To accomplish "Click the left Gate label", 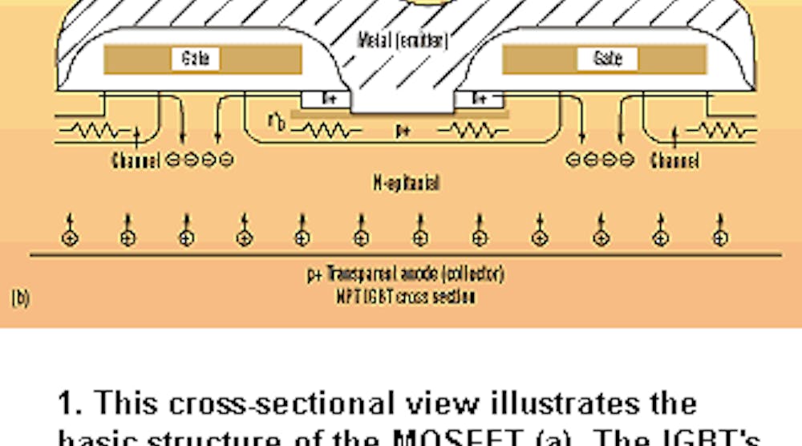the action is (195, 59).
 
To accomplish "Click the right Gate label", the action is (608, 59).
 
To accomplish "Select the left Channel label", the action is (136, 160).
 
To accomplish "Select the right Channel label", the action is (674, 160).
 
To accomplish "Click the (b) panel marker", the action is (21, 298).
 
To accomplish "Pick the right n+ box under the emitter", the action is (480, 99).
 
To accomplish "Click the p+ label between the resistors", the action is (403, 129).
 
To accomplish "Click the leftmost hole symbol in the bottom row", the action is (71, 237).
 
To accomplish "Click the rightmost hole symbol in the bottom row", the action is (721, 237).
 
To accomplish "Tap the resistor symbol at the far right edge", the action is (719, 131).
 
